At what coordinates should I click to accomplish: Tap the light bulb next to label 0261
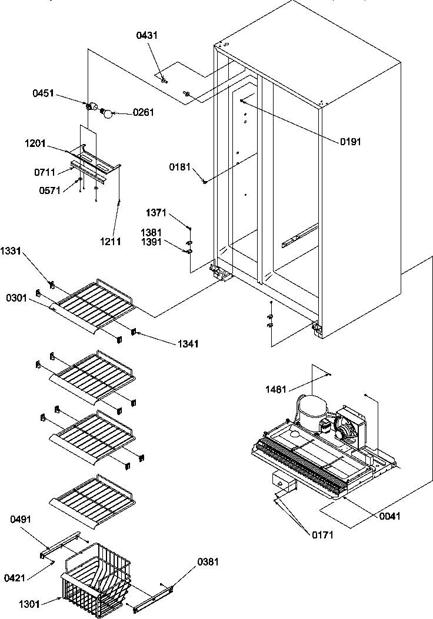coord(108,113)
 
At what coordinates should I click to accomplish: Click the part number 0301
coord(16,299)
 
